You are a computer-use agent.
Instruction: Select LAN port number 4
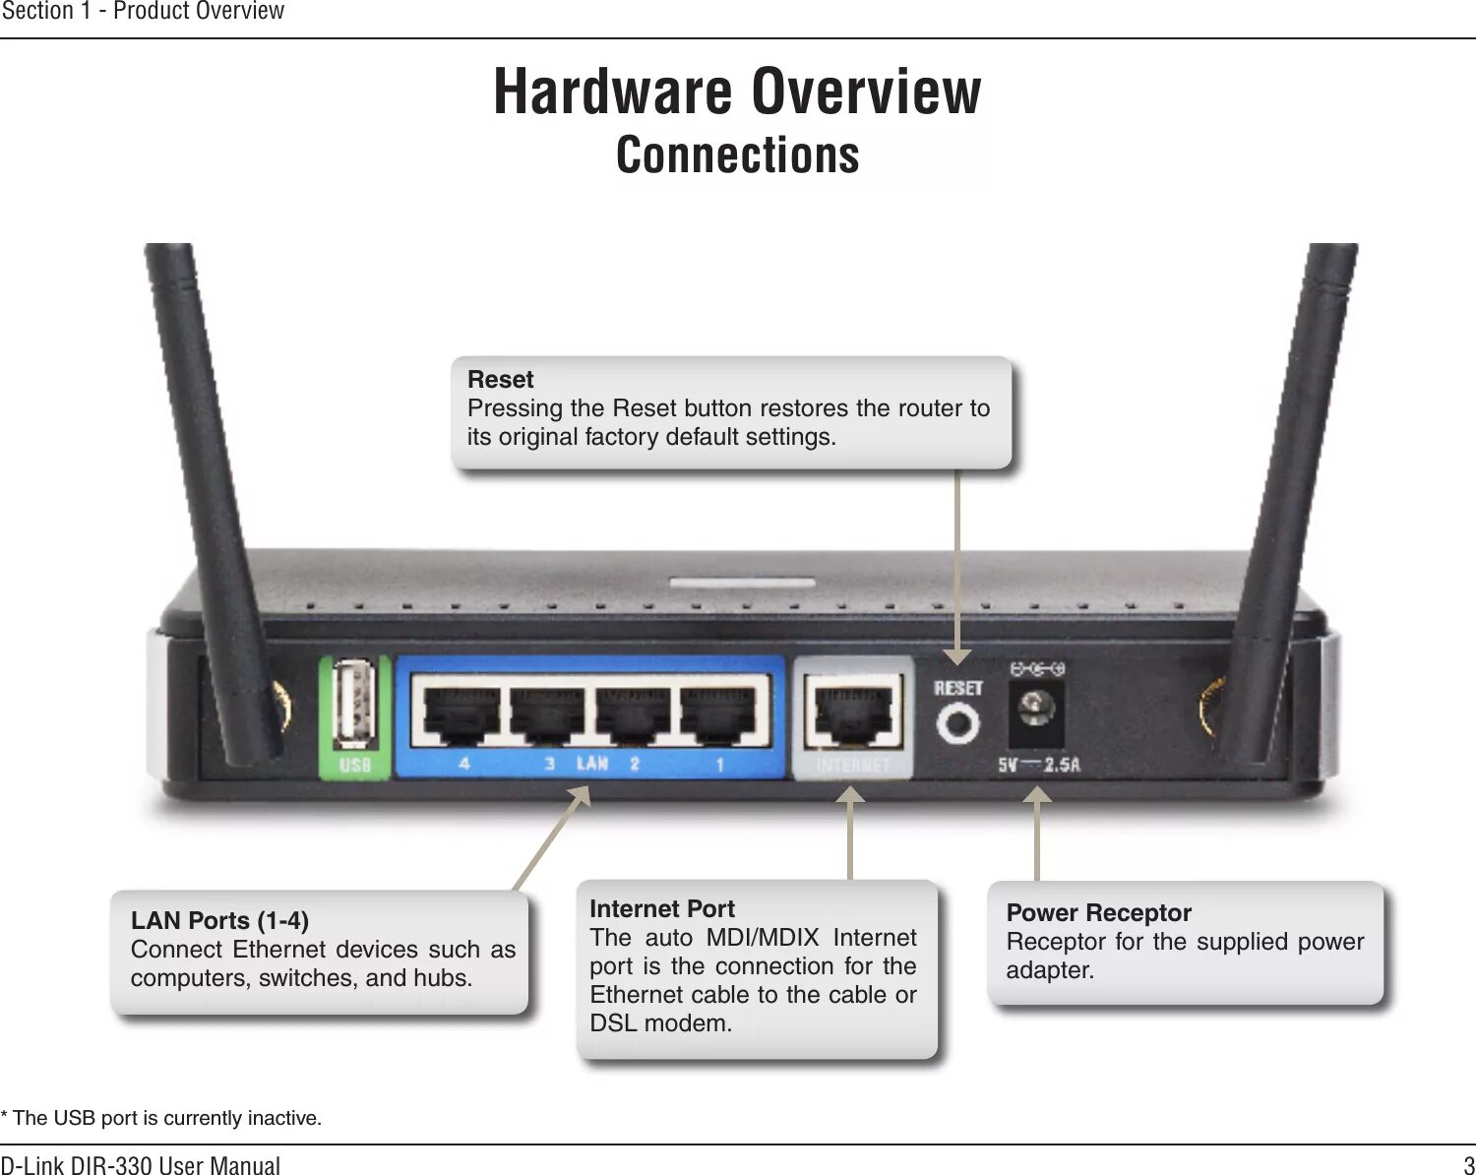461,711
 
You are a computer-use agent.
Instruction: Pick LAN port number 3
547,711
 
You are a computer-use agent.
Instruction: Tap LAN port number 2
633,711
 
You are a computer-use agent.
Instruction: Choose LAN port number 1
718,711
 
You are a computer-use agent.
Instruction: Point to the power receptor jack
1035,711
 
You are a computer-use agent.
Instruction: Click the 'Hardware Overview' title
737,92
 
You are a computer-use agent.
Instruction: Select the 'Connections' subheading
737,155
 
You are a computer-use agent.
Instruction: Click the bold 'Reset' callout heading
501,380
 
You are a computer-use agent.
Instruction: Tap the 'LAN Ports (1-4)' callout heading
219,921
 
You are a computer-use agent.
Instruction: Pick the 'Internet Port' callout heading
662,909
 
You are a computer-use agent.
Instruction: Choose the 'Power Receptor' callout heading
1098,913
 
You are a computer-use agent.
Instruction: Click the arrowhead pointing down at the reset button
957,656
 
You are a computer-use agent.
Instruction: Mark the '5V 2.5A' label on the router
1039,765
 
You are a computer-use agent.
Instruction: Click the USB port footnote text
161,1118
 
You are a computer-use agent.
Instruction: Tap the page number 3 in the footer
1468,1165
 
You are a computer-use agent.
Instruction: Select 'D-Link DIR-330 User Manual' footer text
141,1165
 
